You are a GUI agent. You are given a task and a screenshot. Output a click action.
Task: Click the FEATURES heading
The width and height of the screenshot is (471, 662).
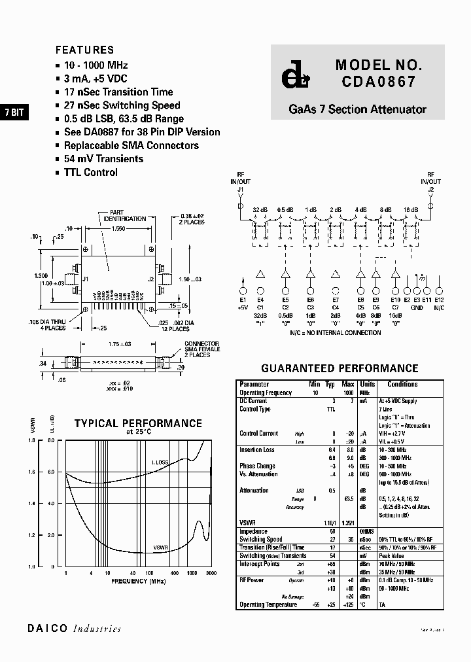point(84,50)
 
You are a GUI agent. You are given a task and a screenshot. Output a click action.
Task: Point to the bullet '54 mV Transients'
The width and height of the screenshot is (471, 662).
point(103,159)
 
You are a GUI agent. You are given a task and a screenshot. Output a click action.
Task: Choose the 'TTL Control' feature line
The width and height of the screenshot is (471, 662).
point(90,173)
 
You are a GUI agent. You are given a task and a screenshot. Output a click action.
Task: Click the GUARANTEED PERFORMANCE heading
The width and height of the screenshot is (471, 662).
point(340,369)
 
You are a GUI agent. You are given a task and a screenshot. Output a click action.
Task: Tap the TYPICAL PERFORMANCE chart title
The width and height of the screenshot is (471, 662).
point(138,424)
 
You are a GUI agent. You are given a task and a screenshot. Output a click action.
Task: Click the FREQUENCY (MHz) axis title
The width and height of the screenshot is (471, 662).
point(139,581)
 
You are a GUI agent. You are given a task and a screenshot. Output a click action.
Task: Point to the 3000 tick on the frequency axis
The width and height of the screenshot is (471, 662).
point(211,573)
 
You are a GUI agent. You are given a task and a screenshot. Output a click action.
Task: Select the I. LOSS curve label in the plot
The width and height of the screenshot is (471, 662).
point(160,462)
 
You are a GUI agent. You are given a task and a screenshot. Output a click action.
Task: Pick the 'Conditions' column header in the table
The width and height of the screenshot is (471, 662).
point(402,385)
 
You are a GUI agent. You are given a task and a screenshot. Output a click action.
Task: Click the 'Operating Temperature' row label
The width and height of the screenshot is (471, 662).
point(268,605)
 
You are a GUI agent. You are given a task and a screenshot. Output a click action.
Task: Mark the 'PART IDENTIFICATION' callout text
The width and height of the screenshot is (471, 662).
point(124,216)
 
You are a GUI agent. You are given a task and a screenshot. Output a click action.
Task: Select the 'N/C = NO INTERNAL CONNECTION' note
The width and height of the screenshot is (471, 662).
point(335,333)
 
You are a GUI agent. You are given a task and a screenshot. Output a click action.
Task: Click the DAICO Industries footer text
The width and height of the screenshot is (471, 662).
point(74,629)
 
